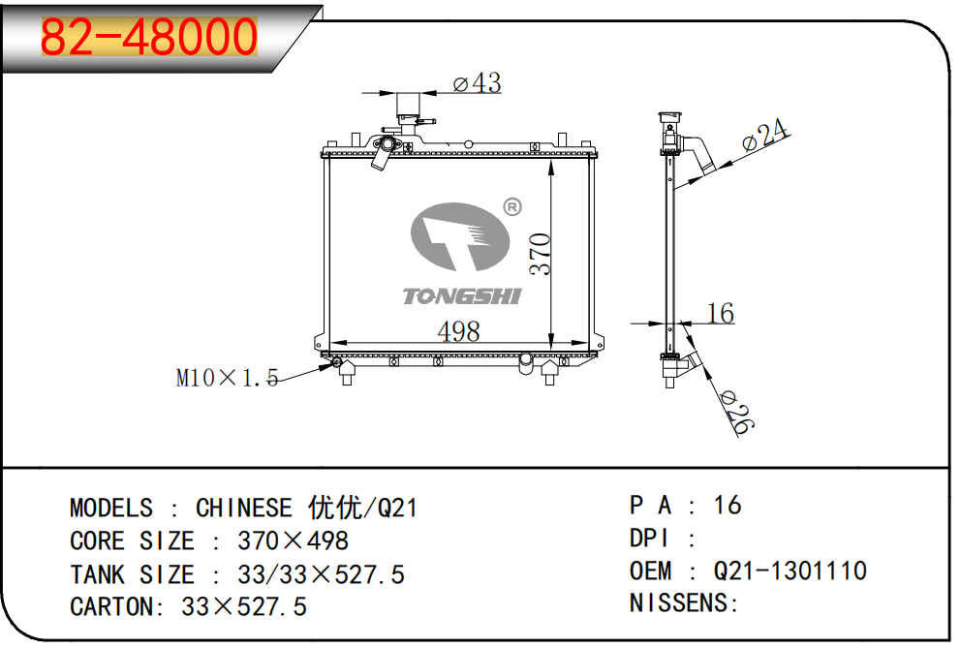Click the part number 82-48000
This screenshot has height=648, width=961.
149,37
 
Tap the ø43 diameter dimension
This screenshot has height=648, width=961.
477,83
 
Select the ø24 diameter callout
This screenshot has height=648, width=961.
765,136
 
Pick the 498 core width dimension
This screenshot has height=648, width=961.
458,331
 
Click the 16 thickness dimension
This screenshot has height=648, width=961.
720,313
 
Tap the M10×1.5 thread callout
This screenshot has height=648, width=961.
227,378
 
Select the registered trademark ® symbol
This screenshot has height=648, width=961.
512,206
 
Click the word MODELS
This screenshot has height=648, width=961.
110,508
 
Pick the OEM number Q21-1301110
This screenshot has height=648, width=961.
790,571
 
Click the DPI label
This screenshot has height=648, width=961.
651,538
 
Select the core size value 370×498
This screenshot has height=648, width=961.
293,540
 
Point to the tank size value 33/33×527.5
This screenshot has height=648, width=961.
321,573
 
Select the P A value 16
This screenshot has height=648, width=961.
727,505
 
